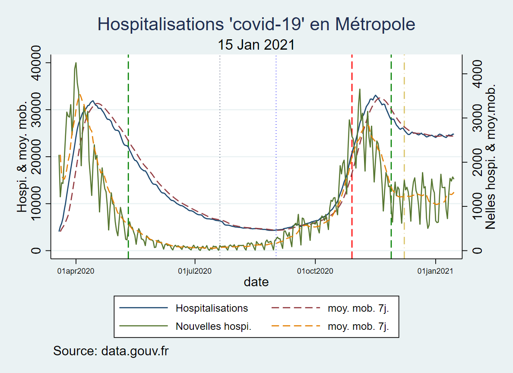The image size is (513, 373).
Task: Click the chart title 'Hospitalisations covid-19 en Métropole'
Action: coord(256,24)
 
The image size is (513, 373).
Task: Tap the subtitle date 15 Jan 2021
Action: coord(256,45)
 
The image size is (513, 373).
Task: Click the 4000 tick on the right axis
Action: coord(477,74)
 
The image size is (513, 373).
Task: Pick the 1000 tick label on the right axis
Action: coord(477,206)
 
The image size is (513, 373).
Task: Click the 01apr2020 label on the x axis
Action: coord(76,271)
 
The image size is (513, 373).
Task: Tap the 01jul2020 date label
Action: coord(195,271)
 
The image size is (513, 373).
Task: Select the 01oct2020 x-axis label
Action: coord(315,271)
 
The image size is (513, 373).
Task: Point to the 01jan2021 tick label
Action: coord(435,271)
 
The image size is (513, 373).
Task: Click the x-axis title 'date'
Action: coord(256,282)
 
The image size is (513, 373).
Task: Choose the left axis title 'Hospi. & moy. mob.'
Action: coord(22,157)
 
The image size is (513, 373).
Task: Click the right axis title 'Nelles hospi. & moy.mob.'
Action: coord(491,157)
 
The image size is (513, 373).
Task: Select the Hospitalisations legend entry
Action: coord(212,308)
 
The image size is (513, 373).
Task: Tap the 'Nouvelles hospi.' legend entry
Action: coord(213,326)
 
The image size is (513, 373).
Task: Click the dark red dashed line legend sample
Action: coord(296,308)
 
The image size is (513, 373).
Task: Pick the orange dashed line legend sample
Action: coord(296,326)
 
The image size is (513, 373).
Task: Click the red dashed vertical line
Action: coord(351,157)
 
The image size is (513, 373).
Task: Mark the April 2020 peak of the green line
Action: coord(76,63)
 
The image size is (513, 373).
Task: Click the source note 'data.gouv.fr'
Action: coord(135,351)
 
